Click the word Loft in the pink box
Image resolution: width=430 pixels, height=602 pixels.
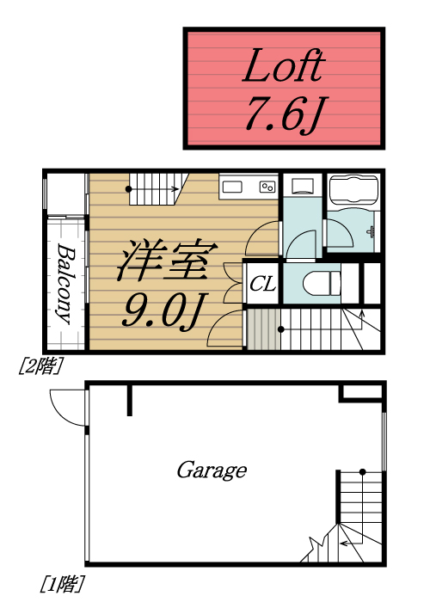pyautogui.click(x=285, y=66)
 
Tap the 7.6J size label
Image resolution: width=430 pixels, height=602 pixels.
pyautogui.click(x=285, y=114)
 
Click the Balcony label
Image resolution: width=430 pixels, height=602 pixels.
pyautogui.click(x=65, y=283)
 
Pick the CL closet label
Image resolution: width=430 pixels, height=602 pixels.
pyautogui.click(x=262, y=284)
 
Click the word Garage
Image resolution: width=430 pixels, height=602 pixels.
pyautogui.click(x=212, y=470)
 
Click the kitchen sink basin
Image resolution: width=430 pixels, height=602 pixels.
pyautogui.click(x=235, y=186)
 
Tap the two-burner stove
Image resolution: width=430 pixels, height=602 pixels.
pyautogui.click(x=267, y=186)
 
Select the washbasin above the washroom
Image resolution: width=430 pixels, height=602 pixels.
pyautogui.click(x=303, y=186)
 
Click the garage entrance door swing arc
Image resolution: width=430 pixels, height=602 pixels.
pyautogui.click(x=65, y=404)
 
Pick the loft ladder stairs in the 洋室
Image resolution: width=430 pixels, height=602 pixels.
pyautogui.click(x=155, y=189)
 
